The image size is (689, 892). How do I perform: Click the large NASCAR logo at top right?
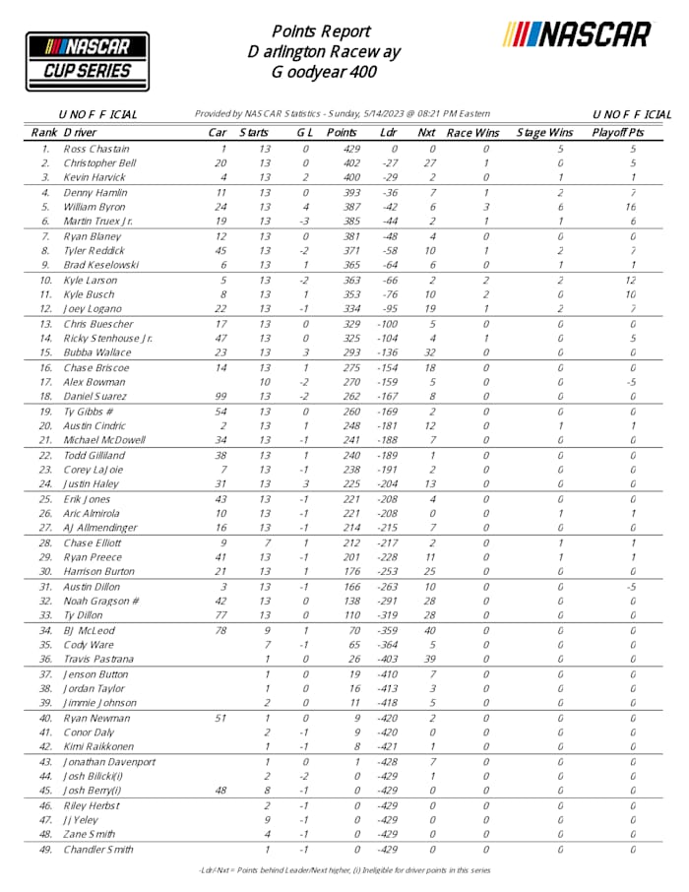[577, 34]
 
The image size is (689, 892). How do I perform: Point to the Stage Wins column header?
[545, 132]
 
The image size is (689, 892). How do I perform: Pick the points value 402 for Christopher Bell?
[342, 162]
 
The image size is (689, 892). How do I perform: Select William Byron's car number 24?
[221, 208]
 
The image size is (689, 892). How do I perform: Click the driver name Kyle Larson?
[91, 281]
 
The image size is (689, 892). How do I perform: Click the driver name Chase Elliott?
[93, 542]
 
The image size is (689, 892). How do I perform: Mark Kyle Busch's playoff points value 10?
[633, 294]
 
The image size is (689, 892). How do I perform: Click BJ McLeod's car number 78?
[221, 630]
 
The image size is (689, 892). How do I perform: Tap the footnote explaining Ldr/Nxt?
[344, 870]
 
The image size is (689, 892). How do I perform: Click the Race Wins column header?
[473, 132]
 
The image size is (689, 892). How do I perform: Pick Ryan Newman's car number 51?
[221, 719]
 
